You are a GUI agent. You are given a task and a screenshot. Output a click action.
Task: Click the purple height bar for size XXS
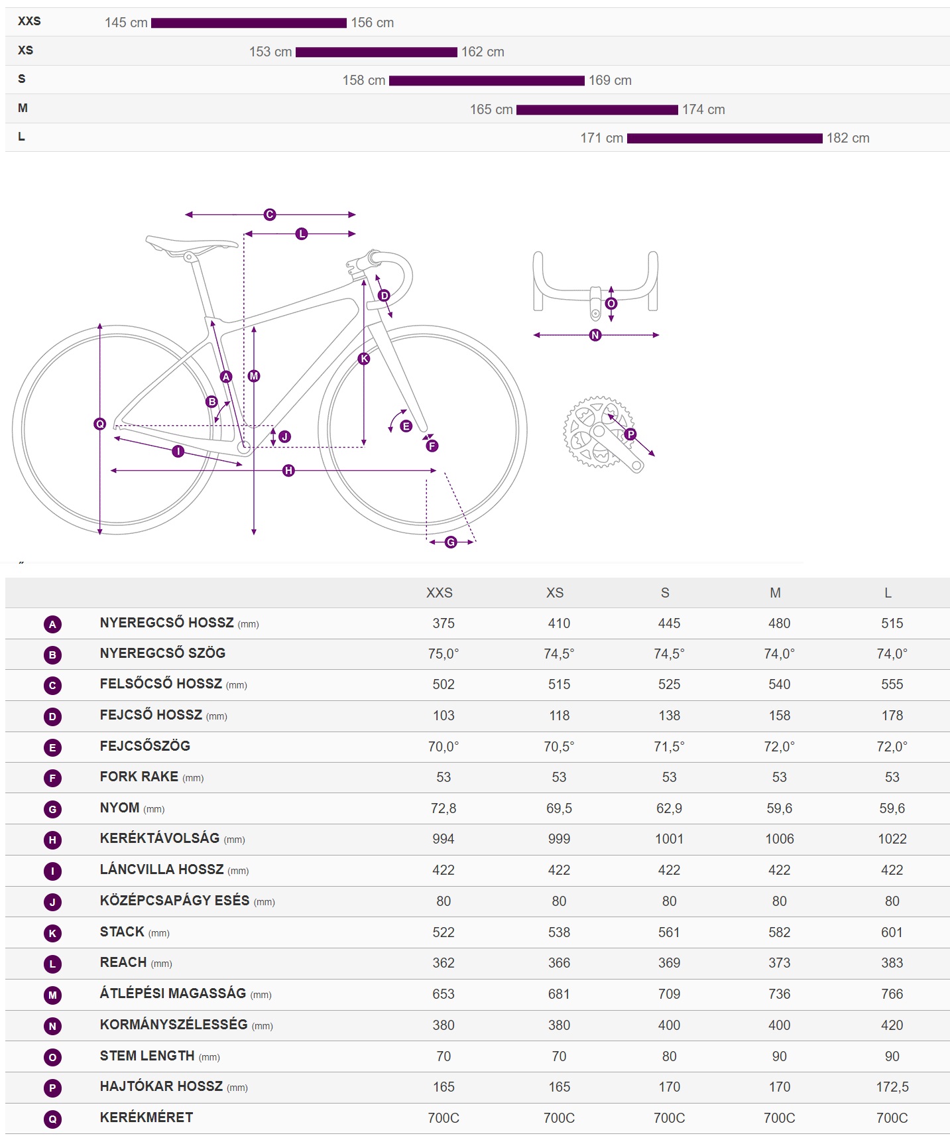249,23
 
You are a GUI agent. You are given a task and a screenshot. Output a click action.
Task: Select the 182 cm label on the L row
848,138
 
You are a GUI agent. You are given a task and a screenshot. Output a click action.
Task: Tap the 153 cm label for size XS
270,52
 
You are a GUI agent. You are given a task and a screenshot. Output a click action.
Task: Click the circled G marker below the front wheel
451,542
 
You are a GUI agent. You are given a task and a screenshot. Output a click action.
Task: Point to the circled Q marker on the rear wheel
100,424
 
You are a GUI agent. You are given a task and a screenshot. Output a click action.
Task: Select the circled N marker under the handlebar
595,336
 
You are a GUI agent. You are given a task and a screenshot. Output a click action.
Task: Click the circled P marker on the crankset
630,434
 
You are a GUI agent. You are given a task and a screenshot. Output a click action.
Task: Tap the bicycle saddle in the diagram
192,245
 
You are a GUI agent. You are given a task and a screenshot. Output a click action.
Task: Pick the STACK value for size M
780,932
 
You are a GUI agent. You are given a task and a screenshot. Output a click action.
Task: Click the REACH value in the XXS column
444,963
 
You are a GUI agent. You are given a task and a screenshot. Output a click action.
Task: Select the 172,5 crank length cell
892,1087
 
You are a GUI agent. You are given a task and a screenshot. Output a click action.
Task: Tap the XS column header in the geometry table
555,593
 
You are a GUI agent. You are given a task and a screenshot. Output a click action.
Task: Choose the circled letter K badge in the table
53,934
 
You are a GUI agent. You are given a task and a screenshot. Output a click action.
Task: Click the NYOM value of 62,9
670,808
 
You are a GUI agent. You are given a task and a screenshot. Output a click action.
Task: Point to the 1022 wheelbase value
892,839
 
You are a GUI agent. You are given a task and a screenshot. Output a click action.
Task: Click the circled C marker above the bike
270,215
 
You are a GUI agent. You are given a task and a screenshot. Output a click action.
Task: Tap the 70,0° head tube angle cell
444,747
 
